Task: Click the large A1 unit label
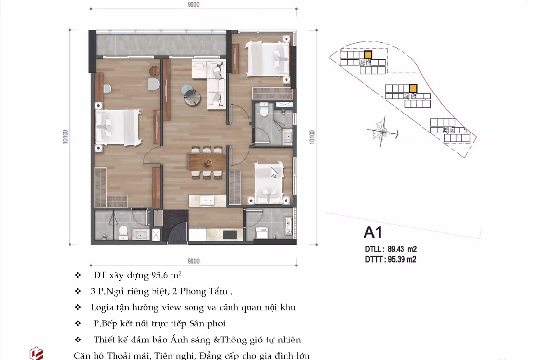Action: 373,232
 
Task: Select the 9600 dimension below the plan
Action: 193,261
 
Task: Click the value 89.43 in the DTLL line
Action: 396,249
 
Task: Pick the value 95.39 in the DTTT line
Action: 396,259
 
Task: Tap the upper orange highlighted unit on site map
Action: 368,55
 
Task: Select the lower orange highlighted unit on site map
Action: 413,88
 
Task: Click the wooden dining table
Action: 206,160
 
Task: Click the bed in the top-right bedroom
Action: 267,58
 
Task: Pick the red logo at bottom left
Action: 37,353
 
